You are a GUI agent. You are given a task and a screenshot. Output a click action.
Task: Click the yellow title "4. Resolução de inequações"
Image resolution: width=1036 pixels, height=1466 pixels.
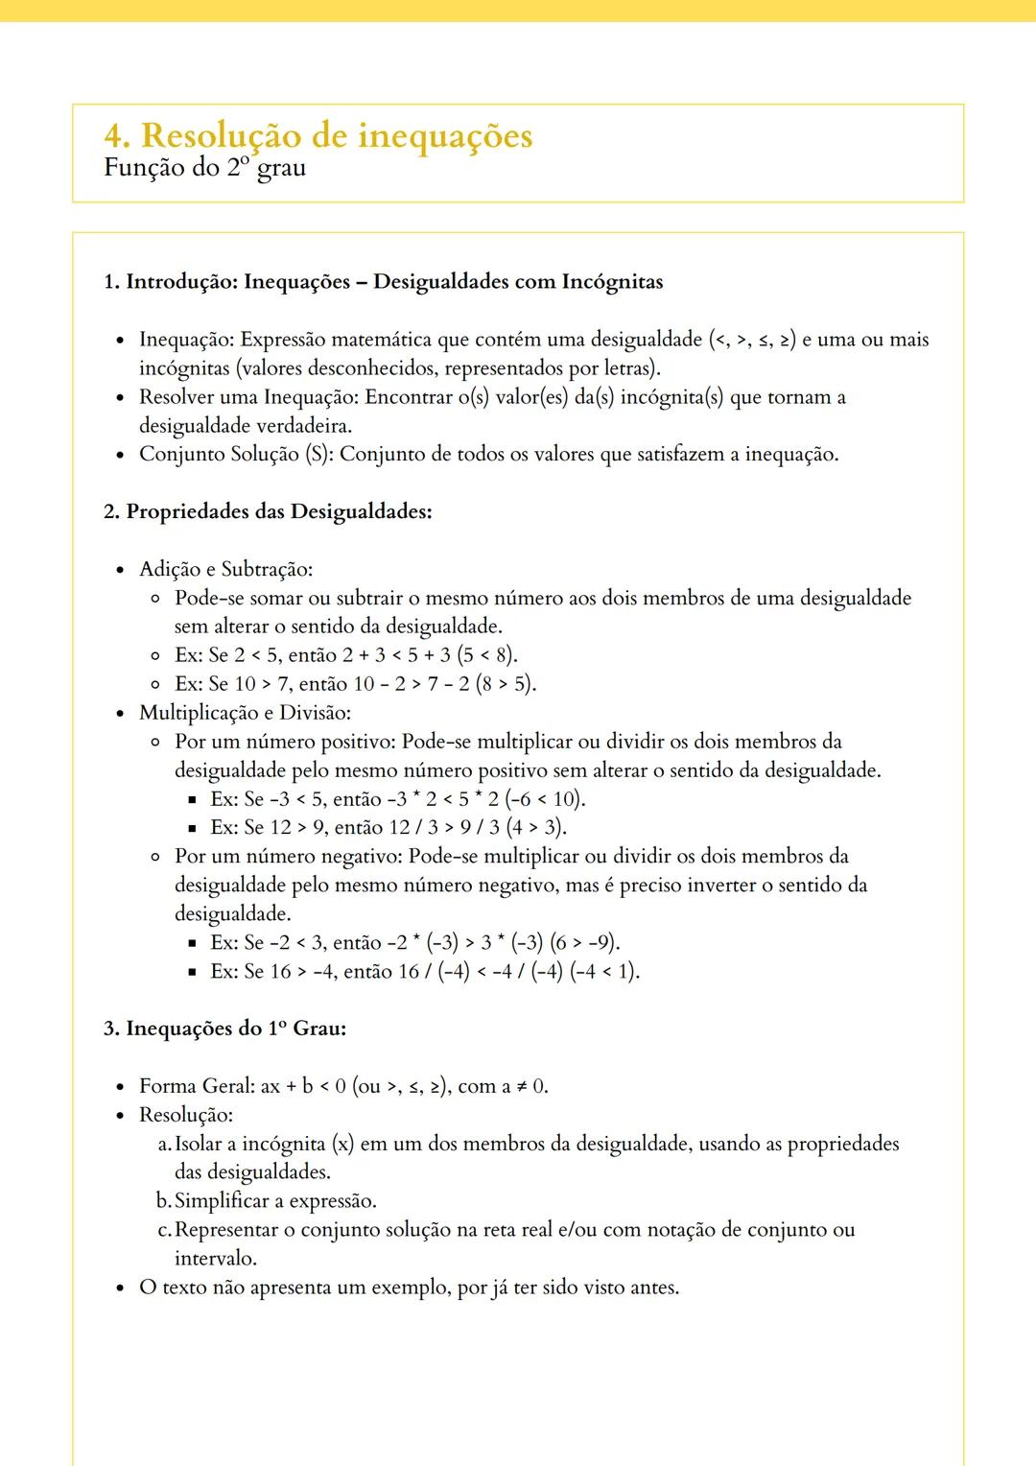point(318,135)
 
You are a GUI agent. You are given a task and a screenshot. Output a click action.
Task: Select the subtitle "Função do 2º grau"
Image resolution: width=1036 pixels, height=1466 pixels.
point(204,168)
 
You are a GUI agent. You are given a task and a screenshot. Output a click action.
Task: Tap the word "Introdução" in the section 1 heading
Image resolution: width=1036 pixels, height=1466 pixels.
point(181,282)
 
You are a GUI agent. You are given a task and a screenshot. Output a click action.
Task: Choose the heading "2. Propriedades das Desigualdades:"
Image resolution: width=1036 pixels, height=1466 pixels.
point(268,511)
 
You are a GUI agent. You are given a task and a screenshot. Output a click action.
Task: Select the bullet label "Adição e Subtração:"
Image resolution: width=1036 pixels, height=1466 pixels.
point(225,569)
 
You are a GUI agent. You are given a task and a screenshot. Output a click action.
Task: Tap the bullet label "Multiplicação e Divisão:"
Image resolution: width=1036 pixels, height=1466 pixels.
point(245,713)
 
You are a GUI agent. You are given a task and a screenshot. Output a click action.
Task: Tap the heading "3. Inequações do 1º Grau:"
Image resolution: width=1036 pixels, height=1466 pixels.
point(224,1029)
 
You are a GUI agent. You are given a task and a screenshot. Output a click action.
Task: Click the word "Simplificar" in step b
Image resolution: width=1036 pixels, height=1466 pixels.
point(222,1201)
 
